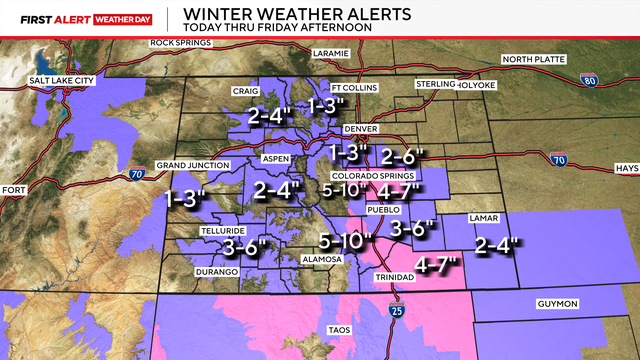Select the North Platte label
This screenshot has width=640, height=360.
534,60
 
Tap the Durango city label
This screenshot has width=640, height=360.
217,272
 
